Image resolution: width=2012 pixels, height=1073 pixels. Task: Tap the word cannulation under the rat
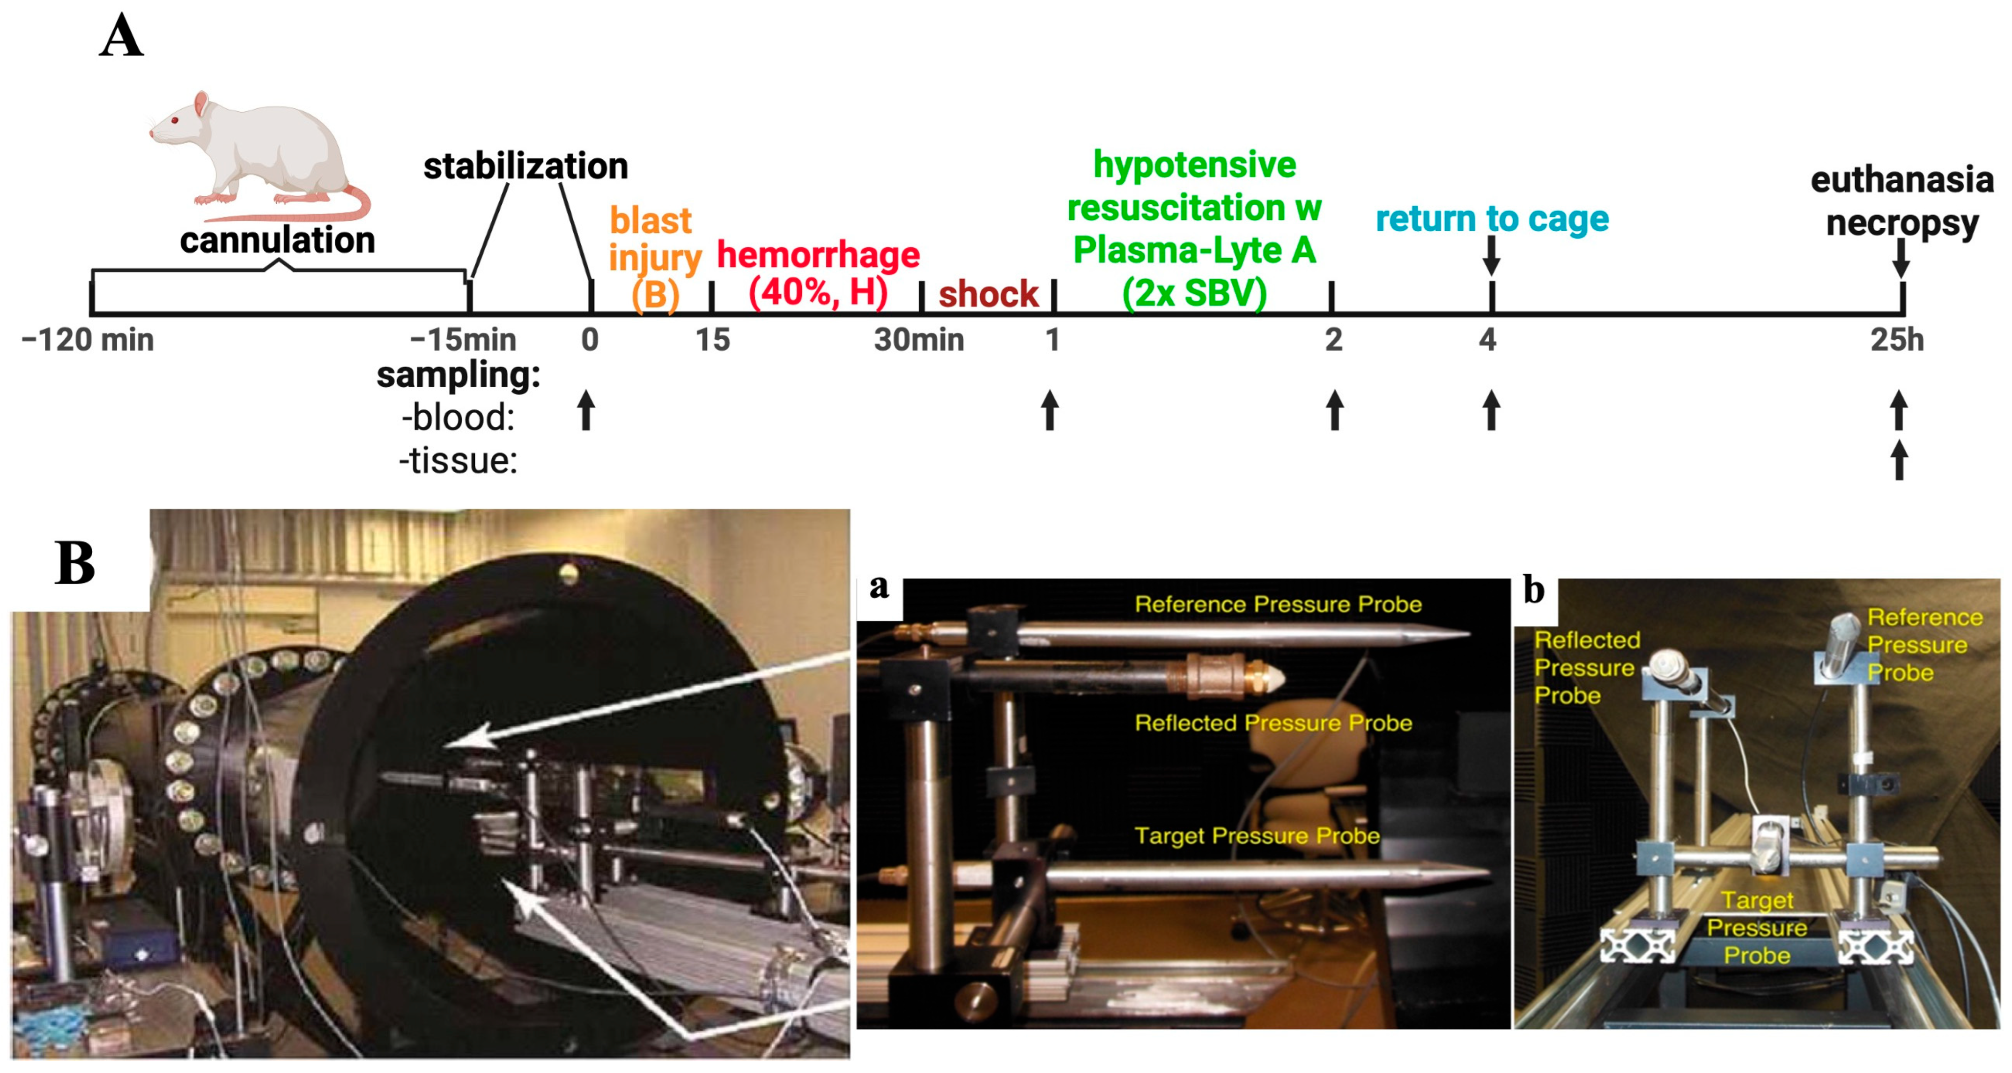277,240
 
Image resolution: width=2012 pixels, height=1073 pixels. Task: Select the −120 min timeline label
88,340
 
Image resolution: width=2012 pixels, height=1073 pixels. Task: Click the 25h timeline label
1896,340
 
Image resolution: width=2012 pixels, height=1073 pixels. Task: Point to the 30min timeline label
918,340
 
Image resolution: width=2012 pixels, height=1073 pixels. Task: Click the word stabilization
525,166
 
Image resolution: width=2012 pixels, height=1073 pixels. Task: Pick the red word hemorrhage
818,255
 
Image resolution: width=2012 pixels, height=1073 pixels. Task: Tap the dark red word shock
988,294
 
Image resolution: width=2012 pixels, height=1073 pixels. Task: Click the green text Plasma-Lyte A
1194,250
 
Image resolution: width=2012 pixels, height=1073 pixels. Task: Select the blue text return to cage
1492,219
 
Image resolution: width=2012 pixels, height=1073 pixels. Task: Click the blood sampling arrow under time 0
586,410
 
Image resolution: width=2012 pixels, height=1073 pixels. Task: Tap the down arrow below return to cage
1491,255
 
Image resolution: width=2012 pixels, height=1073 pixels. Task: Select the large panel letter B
75,563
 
